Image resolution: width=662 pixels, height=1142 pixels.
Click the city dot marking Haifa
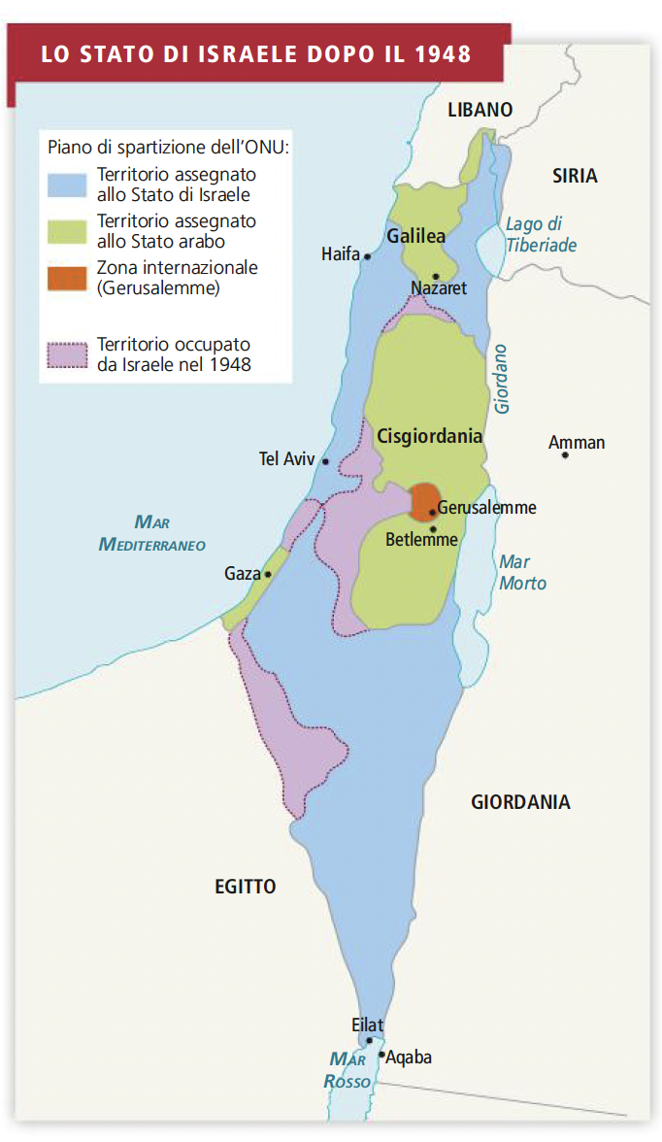click(x=368, y=256)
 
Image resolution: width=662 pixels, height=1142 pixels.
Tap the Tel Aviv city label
click(x=286, y=459)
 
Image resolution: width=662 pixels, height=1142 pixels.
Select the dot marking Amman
click(x=565, y=454)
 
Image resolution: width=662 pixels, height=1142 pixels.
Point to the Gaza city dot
click(x=268, y=574)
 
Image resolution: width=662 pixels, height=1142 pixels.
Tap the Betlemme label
click(x=420, y=540)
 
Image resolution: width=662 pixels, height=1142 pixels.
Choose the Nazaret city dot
click(x=437, y=277)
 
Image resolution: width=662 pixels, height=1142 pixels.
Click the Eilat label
click(x=368, y=1025)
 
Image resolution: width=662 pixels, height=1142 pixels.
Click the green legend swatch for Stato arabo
click(x=67, y=231)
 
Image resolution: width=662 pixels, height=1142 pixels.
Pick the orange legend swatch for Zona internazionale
click(x=67, y=278)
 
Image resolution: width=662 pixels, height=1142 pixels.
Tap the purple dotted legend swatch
click(x=67, y=355)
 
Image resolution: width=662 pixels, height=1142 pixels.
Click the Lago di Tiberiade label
click(x=541, y=235)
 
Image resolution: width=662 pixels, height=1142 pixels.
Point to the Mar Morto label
click(x=522, y=573)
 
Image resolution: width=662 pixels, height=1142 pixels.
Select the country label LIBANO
click(x=480, y=110)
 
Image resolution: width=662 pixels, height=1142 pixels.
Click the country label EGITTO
click(x=245, y=886)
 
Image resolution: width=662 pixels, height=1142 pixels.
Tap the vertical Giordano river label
click(x=502, y=380)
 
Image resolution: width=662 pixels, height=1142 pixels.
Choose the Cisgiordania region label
click(x=430, y=436)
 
